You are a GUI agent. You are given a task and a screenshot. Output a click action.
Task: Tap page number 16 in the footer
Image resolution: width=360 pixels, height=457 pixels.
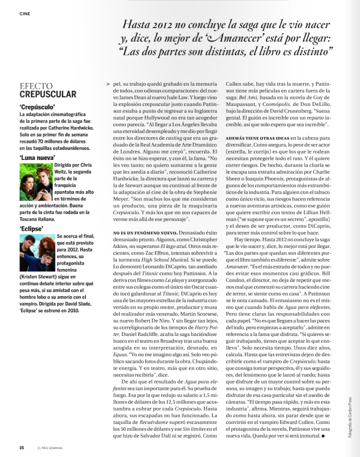21,447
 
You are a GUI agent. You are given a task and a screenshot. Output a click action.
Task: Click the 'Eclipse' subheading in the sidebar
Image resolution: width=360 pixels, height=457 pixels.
31,228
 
